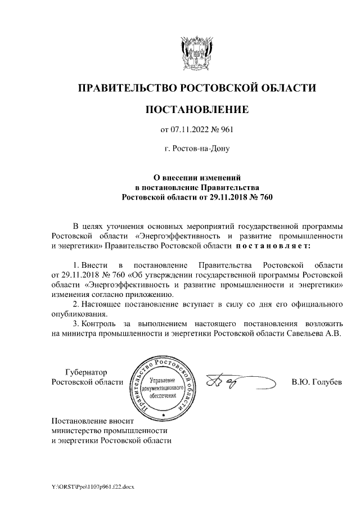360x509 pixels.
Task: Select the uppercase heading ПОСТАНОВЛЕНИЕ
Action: (196, 109)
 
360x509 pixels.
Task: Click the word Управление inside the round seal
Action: (163, 381)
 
